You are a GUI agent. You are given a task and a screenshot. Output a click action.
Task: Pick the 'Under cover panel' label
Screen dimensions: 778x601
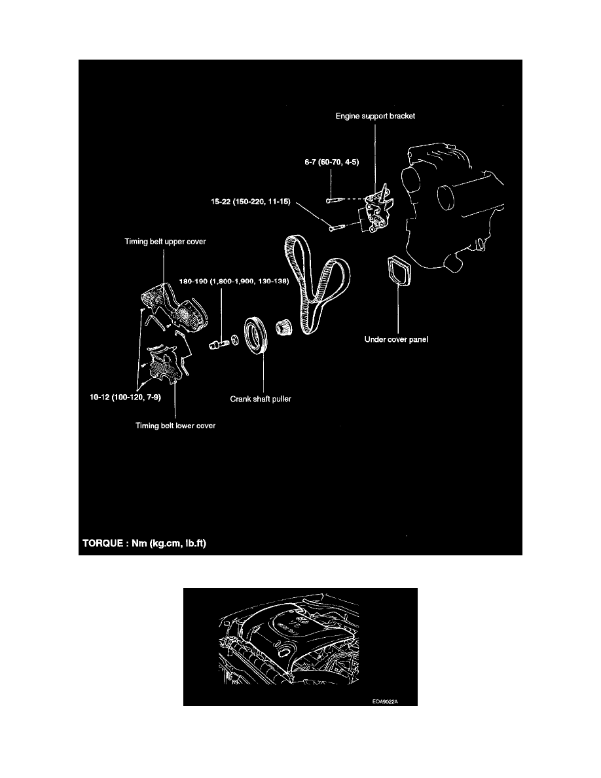tap(395, 340)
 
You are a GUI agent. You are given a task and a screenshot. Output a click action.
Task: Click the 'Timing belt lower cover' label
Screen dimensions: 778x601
tap(175, 426)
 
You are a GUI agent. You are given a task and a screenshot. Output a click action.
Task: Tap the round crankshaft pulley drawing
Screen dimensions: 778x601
tap(257, 335)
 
